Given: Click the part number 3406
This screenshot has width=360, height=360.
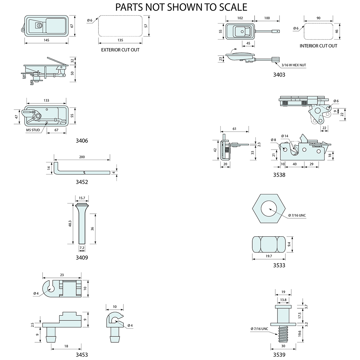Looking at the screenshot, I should [82, 141].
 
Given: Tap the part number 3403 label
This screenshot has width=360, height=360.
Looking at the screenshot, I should [279, 75].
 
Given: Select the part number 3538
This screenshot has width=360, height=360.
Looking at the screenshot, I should [279, 175].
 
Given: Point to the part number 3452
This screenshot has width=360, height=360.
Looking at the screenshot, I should [82, 182].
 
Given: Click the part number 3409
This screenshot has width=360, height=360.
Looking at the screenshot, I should [82, 258].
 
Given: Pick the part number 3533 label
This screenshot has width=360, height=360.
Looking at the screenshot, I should [279, 265].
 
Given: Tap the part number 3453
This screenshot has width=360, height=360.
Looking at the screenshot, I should [82, 354].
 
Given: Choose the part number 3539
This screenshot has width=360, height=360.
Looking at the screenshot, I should [279, 354].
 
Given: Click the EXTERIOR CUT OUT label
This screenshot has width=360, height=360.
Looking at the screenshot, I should [120, 50].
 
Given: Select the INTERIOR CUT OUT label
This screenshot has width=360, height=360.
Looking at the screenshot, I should [318, 46].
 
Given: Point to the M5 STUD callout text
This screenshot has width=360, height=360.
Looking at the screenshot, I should [33, 130].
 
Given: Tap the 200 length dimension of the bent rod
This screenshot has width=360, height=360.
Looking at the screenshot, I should [82, 157].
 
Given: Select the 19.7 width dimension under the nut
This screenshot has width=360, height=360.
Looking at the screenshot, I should [268, 256].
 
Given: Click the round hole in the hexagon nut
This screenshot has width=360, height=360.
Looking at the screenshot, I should [268, 208].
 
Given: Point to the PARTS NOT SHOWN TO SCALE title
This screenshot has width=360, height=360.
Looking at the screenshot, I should [181, 7].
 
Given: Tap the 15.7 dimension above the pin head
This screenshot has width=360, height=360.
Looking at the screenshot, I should [82, 198].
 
